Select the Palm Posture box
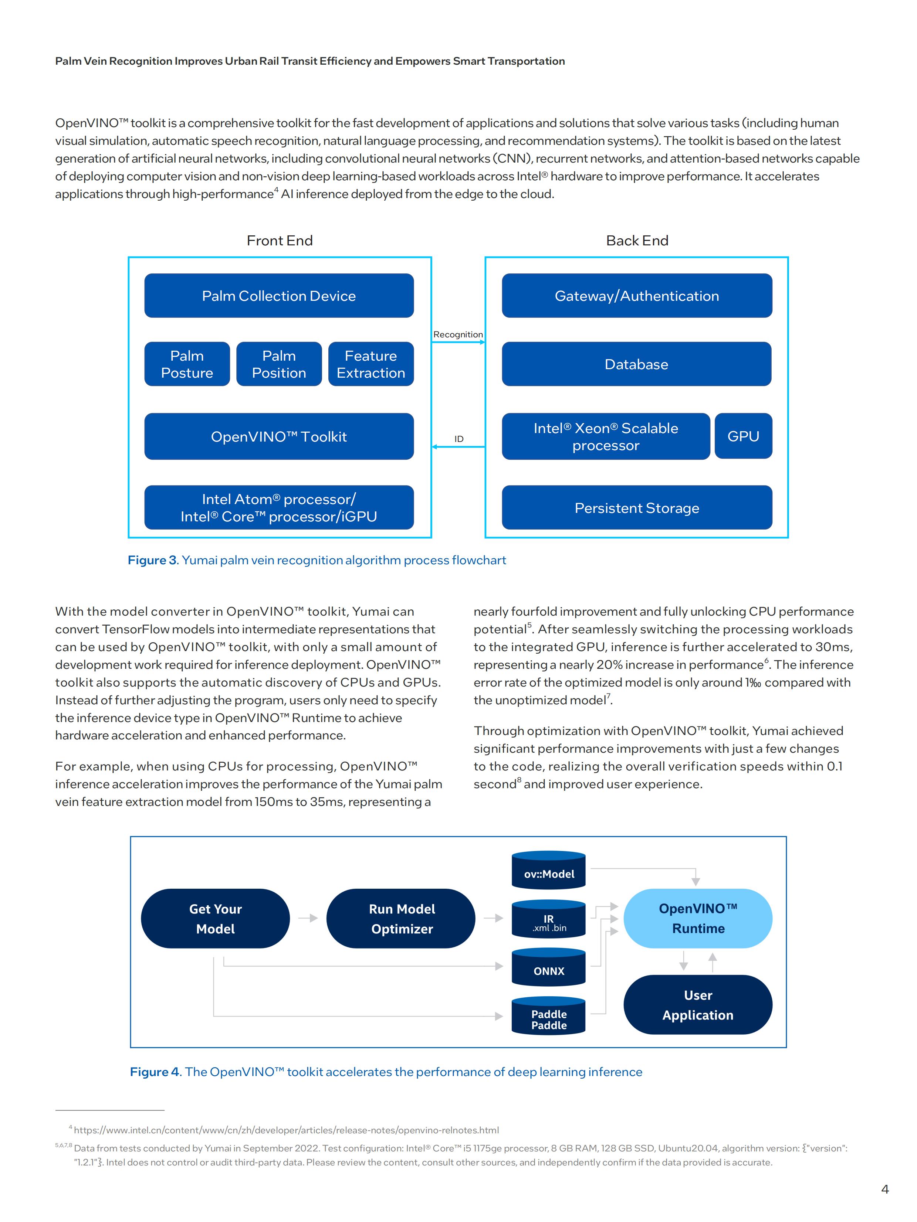(187, 364)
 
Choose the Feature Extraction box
(371, 364)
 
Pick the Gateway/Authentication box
(637, 296)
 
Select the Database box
(637, 364)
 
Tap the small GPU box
(744, 436)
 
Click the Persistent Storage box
(637, 508)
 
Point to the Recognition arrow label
(458, 334)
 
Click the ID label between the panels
(459, 439)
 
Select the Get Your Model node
(216, 919)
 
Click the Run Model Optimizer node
(401, 919)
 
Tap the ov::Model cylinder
(549, 870)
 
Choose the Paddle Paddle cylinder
(549, 1016)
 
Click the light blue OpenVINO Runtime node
(698, 919)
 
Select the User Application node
(698, 1005)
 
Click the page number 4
(885, 1189)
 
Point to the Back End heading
(637, 240)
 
